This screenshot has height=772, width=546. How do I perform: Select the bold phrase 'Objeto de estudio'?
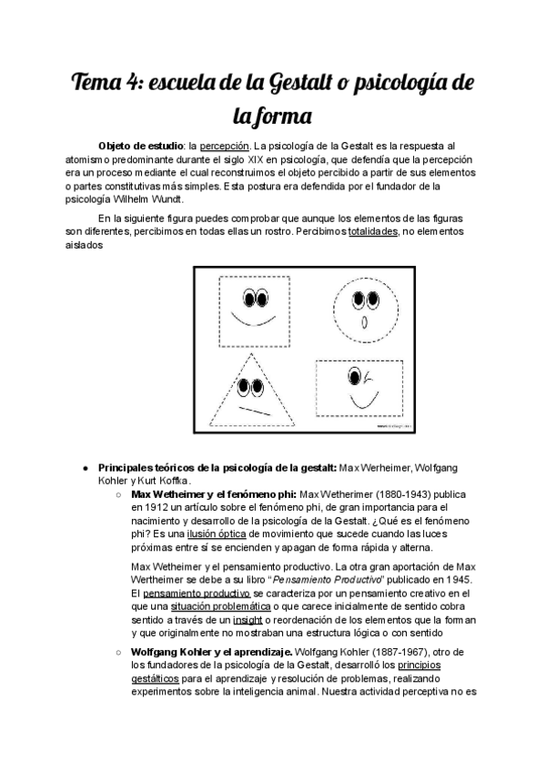140,145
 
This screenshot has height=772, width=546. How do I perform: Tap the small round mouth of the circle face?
366,323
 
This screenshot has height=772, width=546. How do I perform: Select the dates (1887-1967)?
363,653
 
